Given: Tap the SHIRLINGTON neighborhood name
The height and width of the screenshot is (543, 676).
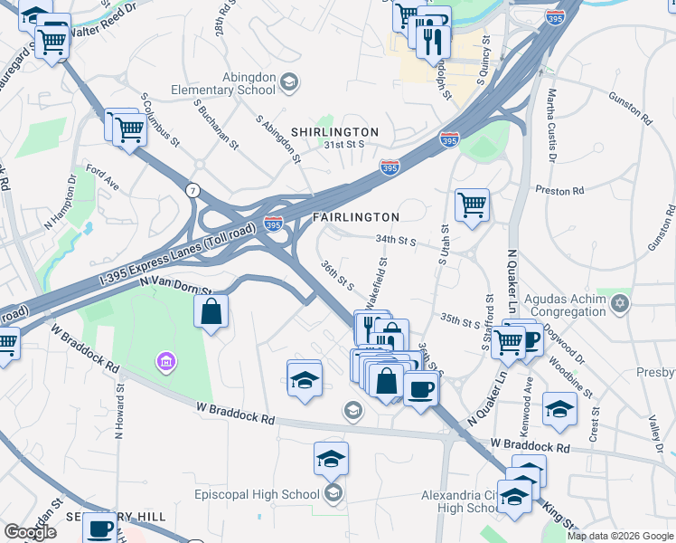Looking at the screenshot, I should point(334,132).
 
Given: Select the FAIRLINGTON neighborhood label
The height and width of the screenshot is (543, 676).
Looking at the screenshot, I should point(356,217).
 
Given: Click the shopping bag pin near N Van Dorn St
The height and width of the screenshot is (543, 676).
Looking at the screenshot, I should point(211,313).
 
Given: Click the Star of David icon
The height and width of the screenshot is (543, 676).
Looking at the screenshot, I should point(620,300).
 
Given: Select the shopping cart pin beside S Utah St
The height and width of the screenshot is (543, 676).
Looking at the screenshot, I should point(472,206).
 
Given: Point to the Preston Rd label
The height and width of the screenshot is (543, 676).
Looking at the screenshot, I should point(560,190).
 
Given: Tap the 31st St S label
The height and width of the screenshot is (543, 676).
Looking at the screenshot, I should point(345,144).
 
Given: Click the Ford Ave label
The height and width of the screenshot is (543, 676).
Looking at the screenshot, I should point(102,176).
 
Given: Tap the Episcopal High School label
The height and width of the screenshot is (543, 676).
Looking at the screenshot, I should point(258,494).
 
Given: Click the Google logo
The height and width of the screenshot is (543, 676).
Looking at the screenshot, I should point(30,532).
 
